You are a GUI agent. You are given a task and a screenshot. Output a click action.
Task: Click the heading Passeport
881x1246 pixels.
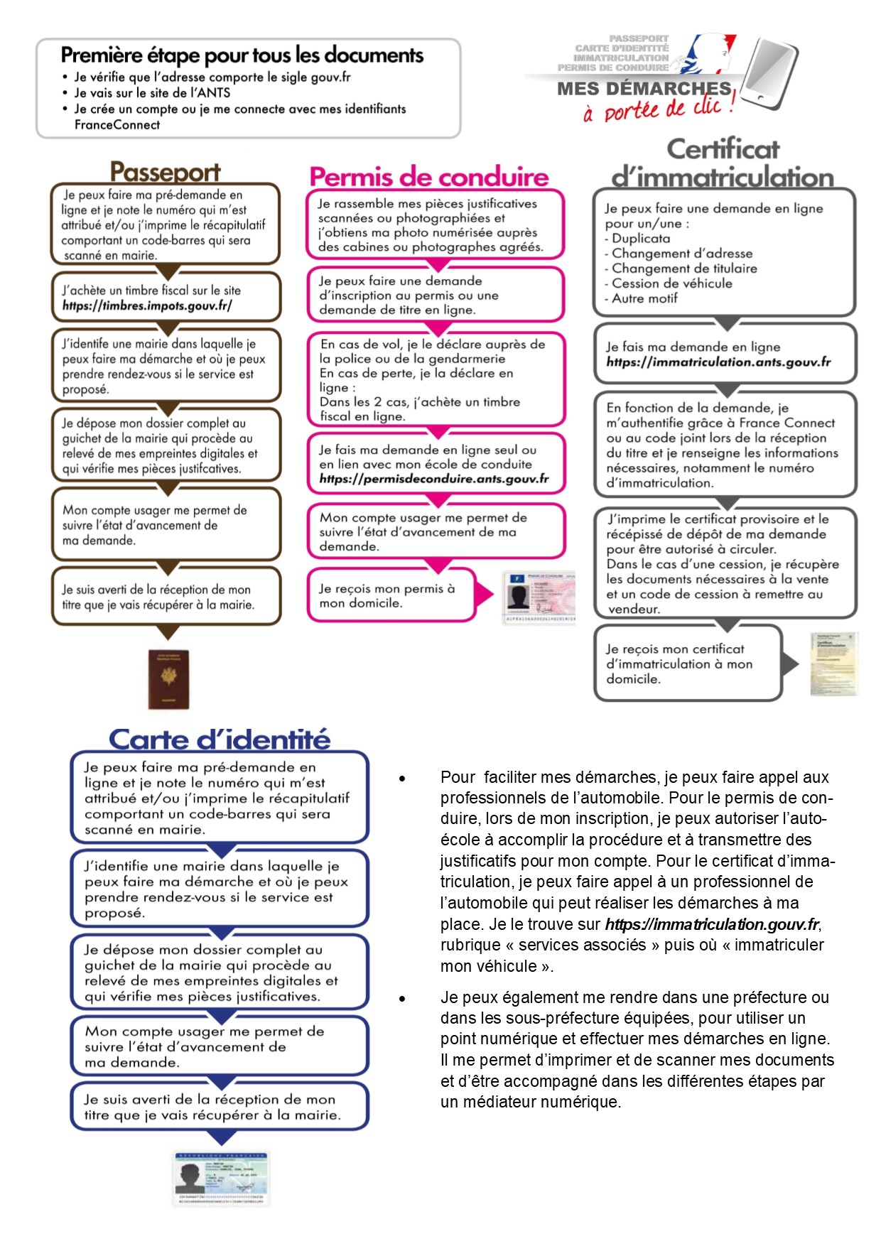click(165, 172)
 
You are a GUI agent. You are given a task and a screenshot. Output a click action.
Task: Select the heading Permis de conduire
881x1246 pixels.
click(429, 177)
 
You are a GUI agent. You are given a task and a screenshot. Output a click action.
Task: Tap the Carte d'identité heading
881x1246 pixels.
click(220, 740)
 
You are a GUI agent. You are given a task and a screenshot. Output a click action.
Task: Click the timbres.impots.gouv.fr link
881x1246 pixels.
click(147, 306)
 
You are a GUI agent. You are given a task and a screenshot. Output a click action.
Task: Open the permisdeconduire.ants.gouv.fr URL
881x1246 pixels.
click(434, 479)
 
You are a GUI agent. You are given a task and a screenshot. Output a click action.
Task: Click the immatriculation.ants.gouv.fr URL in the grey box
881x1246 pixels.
click(718, 362)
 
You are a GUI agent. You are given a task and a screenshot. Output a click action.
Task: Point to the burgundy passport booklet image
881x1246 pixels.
click(169, 680)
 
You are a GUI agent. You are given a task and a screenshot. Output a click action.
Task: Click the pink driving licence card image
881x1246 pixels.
click(538, 597)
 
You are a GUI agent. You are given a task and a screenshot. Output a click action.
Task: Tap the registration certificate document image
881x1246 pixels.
click(833, 663)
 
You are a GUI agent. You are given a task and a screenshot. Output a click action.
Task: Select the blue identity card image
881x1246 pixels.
click(222, 1179)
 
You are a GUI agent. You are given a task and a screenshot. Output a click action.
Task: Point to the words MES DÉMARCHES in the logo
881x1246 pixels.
click(644, 89)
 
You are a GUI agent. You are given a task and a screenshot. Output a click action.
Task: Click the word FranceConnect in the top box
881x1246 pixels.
click(117, 125)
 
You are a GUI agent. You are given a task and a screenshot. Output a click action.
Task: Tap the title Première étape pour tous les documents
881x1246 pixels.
click(242, 55)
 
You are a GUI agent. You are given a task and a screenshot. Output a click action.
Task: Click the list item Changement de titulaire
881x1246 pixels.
click(684, 269)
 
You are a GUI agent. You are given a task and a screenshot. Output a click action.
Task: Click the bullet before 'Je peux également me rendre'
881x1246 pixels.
click(402, 999)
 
